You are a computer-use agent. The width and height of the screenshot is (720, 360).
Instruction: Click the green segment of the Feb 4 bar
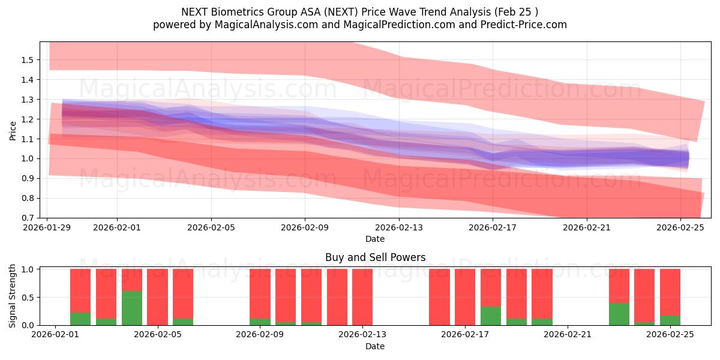pos(132,308)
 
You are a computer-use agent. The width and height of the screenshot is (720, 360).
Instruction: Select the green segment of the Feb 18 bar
pos(491,316)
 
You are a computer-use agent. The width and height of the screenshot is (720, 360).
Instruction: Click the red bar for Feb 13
pos(362,297)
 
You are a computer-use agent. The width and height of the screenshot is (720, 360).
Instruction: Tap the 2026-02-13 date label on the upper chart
pos(399,228)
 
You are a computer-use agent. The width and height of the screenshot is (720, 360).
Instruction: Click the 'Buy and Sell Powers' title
pos(375,257)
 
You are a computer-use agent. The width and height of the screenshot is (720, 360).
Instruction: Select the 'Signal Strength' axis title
pos(13,297)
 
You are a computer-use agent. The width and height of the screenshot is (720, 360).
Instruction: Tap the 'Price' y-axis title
pos(13,130)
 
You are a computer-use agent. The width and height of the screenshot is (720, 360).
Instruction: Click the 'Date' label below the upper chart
pos(375,239)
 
